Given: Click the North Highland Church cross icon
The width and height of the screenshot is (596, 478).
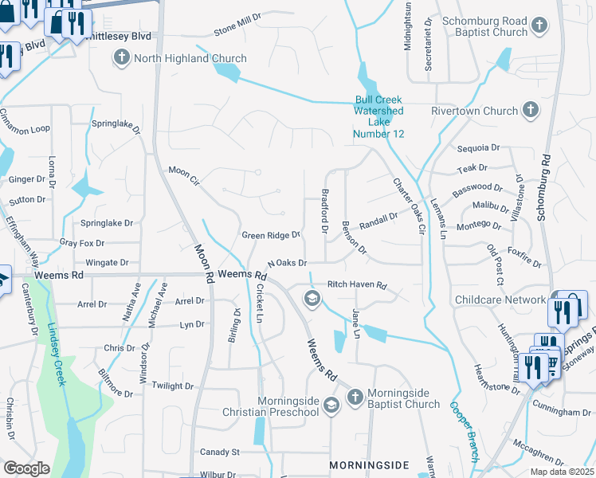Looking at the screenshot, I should pyautogui.click(x=122, y=58).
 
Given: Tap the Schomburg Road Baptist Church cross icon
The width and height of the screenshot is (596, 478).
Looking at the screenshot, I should pyautogui.click(x=540, y=25).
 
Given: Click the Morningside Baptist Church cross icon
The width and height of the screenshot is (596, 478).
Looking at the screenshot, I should pyautogui.click(x=355, y=396).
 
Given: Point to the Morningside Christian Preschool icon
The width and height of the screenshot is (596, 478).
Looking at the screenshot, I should pyautogui.click(x=332, y=405).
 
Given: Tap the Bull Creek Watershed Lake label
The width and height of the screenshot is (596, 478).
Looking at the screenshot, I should pyautogui.click(x=379, y=116).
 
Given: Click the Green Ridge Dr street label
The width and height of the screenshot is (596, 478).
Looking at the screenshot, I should pyautogui.click(x=271, y=235).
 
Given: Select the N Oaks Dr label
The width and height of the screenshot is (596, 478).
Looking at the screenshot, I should pyautogui.click(x=287, y=263).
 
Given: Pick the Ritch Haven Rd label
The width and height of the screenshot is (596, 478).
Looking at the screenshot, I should pyautogui.click(x=357, y=284).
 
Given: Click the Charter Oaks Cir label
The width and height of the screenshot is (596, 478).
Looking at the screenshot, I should pyautogui.click(x=408, y=206).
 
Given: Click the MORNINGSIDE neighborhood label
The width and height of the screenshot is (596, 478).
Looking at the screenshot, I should pyautogui.click(x=369, y=464).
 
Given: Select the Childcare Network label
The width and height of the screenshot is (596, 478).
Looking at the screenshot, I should pyautogui.click(x=500, y=300).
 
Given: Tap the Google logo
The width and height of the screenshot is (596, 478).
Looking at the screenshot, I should pyautogui.click(x=26, y=468).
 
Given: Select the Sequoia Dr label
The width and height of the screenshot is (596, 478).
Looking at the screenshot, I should pyautogui.click(x=478, y=148).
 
